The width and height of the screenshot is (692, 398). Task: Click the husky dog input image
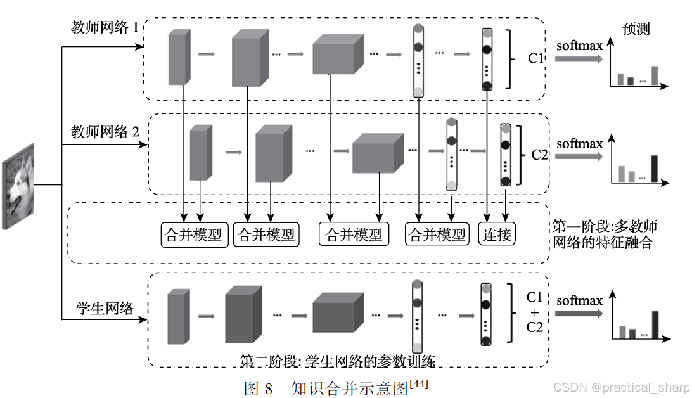(x=18, y=185)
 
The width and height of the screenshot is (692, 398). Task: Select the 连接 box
(x=497, y=234)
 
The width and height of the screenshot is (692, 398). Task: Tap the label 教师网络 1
(x=105, y=29)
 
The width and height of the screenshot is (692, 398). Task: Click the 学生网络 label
(x=105, y=309)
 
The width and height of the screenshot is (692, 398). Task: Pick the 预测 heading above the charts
(x=636, y=29)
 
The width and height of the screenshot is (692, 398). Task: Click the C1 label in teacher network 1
(x=536, y=58)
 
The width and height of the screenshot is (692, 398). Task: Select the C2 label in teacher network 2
(x=539, y=155)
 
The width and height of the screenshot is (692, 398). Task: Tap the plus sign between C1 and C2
(x=535, y=312)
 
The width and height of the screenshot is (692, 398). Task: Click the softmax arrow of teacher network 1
(x=579, y=59)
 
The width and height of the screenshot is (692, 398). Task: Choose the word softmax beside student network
(x=579, y=300)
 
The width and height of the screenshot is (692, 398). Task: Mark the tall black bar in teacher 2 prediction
(x=655, y=169)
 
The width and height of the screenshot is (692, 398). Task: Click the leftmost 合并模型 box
(x=193, y=235)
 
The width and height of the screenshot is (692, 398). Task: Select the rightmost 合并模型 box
(x=437, y=235)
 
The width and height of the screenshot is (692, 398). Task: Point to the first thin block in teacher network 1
(x=179, y=57)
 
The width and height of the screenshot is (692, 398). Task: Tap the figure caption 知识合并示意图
(x=350, y=388)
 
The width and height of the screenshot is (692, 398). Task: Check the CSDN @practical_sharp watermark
(x=621, y=387)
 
